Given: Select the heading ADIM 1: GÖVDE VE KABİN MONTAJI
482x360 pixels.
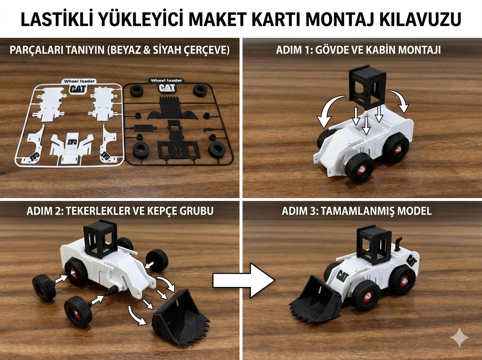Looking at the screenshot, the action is coord(358,50).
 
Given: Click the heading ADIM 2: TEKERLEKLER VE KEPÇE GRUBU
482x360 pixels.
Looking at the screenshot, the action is coord(120,211).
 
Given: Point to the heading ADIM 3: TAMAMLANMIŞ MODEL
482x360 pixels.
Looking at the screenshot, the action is coord(357,211).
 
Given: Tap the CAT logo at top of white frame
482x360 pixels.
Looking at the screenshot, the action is coord(78,89).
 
